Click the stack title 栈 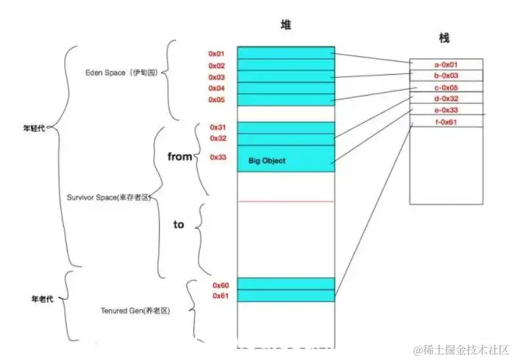point(444,38)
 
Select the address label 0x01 point(217,54)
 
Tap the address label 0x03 point(217,77)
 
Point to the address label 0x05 point(217,99)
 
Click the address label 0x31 point(218,127)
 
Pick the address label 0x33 point(218,157)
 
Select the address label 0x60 point(220,285)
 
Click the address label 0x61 point(220,296)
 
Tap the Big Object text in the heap point(267,161)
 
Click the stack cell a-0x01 point(446,64)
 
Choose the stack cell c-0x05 point(446,87)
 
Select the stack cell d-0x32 point(446,99)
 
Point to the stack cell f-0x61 point(446,122)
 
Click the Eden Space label point(122,73)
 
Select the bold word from point(179,157)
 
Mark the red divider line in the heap point(286,201)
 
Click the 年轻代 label point(34,128)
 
